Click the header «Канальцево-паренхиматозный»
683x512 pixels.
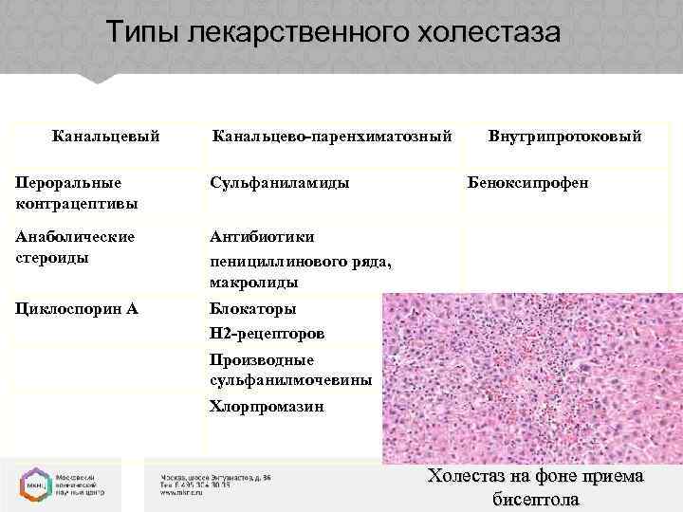pos(330,137)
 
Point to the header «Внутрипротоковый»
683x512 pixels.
pos(564,137)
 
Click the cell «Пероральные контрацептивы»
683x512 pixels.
pos(76,192)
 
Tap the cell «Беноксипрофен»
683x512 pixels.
pos(527,181)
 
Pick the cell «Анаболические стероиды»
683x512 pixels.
pos(75,246)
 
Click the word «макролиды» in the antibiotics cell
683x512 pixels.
pos(253,282)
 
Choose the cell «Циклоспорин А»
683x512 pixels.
pos(75,309)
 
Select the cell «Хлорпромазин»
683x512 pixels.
pos(267,407)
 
